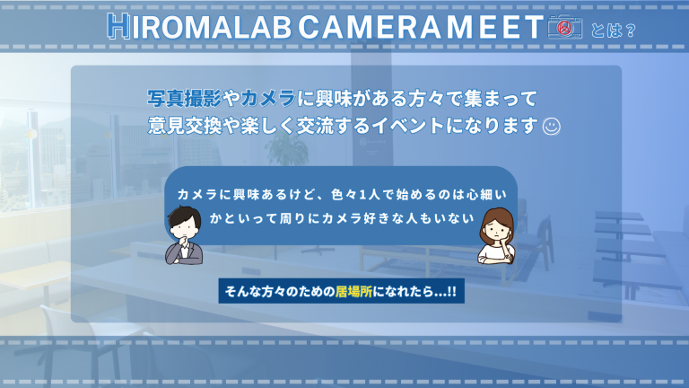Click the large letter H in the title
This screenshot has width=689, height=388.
tap(117, 27)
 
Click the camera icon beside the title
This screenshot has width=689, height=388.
tap(564, 28)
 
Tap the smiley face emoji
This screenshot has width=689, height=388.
tap(553, 127)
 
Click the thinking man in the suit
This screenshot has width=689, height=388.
tap(185, 235)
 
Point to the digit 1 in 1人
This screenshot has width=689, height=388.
tap(363, 193)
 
